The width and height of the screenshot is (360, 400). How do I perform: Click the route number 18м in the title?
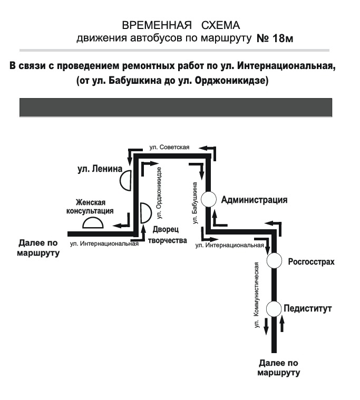[x=278, y=39]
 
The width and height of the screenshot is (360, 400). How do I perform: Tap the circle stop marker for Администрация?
[x=209, y=199]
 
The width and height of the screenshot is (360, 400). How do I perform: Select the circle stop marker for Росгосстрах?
[x=274, y=261]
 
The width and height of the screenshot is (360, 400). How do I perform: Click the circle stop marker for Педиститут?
[x=274, y=308]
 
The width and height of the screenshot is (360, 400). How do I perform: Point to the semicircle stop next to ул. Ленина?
[x=125, y=181]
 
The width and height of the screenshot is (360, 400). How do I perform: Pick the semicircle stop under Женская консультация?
[x=93, y=223]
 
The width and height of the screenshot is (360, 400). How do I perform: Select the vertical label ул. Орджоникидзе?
[x=159, y=193]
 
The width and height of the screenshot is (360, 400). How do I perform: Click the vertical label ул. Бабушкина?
[x=196, y=203]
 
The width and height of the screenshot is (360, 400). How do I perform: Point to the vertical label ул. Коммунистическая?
[x=257, y=295]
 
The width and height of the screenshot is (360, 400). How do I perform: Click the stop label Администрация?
[x=255, y=200]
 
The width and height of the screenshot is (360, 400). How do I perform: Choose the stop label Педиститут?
[x=308, y=309]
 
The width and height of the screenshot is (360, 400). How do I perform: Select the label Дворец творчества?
[x=170, y=235]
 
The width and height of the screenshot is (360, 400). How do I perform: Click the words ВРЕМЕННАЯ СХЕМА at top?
[x=181, y=26]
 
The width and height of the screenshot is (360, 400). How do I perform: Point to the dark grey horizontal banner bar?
[x=176, y=107]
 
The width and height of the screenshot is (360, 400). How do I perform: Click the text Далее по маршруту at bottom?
[x=279, y=367]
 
